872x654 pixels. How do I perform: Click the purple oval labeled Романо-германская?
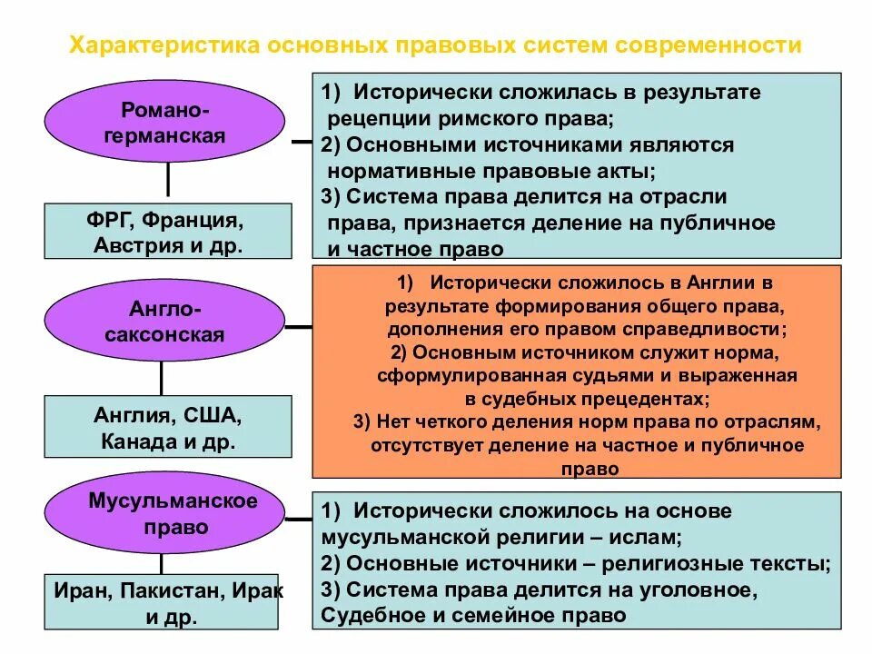(x=166, y=122)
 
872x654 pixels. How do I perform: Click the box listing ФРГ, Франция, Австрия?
(x=168, y=232)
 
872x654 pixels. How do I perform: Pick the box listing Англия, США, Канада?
(x=168, y=429)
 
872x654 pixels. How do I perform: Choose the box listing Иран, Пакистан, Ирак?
(x=168, y=604)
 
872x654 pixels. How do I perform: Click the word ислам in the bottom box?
(x=651, y=537)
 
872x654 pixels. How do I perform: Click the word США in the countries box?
(x=213, y=416)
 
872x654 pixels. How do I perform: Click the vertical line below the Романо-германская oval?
(x=168, y=183)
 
